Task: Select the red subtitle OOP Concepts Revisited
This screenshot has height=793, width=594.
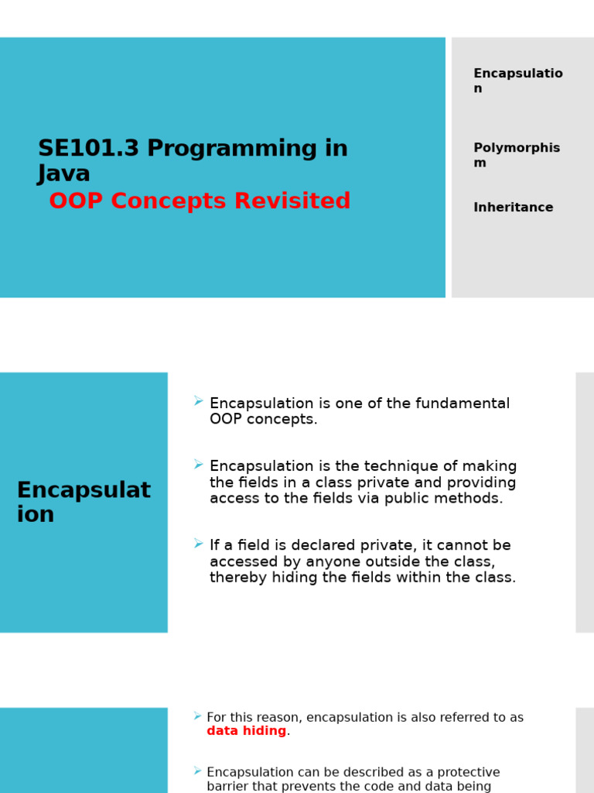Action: pos(200,201)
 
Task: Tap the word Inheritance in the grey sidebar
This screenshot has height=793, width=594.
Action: pos(514,208)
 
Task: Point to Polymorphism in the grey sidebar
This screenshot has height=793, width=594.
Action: pos(517,155)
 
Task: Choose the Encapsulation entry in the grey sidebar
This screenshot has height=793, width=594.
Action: pos(518,81)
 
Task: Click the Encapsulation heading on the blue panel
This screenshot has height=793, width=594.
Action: pos(84,502)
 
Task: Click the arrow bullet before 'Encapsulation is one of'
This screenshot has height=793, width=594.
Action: pos(199,401)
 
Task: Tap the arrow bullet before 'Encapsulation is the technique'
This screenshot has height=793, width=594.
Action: pos(199,465)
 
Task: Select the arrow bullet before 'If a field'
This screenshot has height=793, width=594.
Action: pos(199,544)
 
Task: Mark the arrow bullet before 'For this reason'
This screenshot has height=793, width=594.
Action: pos(198,716)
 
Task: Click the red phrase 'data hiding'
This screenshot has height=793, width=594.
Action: pos(246,731)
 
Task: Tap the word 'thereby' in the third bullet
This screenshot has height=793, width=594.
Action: pos(236,578)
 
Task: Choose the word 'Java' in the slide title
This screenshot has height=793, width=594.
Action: pos(64,174)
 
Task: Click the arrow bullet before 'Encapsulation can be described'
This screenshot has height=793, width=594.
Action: pos(198,771)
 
